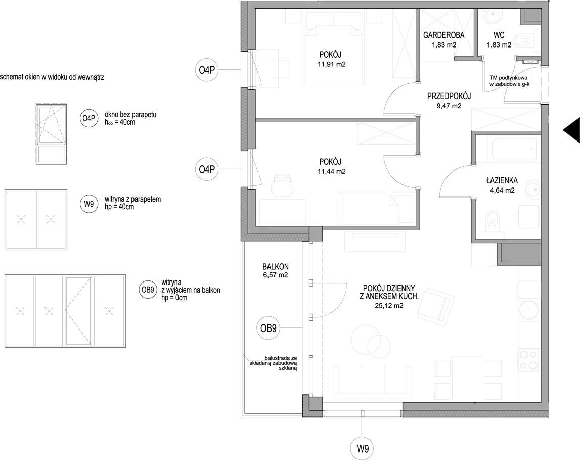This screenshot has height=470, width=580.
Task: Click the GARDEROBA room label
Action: pos(443,35)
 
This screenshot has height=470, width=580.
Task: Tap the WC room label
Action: pos(499,35)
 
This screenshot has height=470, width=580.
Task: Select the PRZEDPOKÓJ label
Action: pos(449,97)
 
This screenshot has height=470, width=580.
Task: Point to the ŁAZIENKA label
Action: pos(502,181)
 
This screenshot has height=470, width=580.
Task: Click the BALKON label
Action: pos(276,267)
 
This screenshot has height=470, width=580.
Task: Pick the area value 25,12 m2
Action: pos(389,306)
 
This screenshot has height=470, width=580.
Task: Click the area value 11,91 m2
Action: pos(331,64)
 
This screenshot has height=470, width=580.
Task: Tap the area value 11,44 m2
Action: pos(331,171)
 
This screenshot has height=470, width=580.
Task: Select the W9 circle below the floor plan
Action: pos(363,449)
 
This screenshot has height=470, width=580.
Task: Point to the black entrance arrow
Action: pos(572,130)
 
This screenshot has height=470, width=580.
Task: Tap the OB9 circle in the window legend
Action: pos(147,290)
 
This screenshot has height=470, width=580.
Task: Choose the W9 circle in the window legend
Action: pos(88,203)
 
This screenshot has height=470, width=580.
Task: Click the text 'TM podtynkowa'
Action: pos(511,78)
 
